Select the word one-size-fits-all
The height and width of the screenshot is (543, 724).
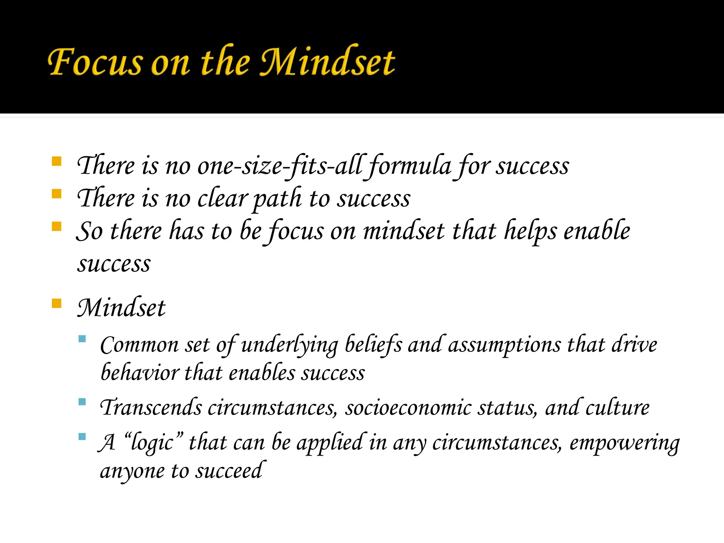tap(280, 166)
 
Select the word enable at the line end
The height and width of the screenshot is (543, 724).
tap(597, 231)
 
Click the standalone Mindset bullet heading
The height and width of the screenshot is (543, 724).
tap(121, 308)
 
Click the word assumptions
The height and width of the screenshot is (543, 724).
tap(504, 345)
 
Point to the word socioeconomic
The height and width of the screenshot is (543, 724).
tap(408, 408)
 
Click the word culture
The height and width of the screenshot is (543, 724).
tap(617, 408)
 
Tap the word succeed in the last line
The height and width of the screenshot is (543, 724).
tap(229, 471)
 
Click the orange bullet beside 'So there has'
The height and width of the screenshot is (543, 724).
tap(57, 226)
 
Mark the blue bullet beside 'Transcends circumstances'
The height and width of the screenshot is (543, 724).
tap(82, 402)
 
